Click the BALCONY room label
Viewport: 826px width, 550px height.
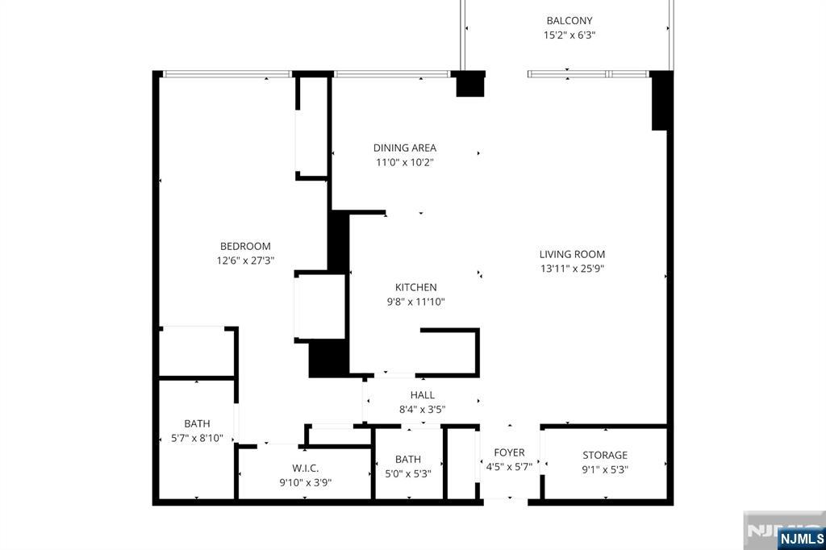(569, 20)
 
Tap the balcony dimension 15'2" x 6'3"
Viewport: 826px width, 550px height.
(569, 35)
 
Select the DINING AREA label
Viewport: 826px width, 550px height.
(405, 148)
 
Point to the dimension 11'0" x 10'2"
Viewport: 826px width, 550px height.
(405, 162)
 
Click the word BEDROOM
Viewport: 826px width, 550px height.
(245, 246)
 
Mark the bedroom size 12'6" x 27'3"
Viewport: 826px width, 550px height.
(245, 260)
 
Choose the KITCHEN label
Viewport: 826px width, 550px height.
(415, 287)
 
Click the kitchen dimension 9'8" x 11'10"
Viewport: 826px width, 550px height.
(415, 302)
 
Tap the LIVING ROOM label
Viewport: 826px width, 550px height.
(572, 254)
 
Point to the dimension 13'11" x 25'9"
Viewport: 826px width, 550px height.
(572, 269)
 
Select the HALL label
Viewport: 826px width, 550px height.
(423, 395)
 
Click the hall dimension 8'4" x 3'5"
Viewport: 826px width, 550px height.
(423, 410)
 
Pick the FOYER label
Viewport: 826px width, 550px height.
(510, 452)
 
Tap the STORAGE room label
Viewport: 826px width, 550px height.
(605, 455)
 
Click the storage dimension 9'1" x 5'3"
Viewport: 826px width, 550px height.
(605, 469)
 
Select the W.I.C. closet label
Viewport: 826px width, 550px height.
(306, 469)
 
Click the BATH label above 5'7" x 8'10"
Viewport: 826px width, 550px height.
(197, 423)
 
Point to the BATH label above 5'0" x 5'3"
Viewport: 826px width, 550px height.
(407, 460)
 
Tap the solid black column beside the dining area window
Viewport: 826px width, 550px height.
(470, 84)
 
